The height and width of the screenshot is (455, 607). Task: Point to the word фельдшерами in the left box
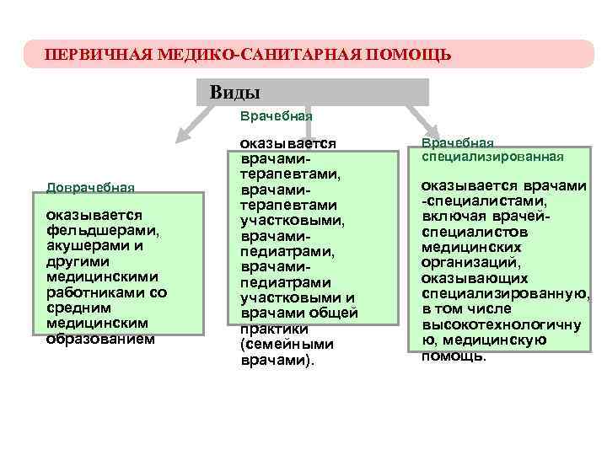click(x=103, y=231)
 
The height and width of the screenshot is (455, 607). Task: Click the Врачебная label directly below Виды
click(x=277, y=115)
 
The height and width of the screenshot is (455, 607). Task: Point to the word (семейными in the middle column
click(x=287, y=345)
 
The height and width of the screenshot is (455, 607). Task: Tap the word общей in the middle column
click(x=337, y=313)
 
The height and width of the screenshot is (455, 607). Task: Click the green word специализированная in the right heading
click(x=492, y=157)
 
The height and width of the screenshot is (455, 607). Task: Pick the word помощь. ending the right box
click(x=454, y=356)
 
